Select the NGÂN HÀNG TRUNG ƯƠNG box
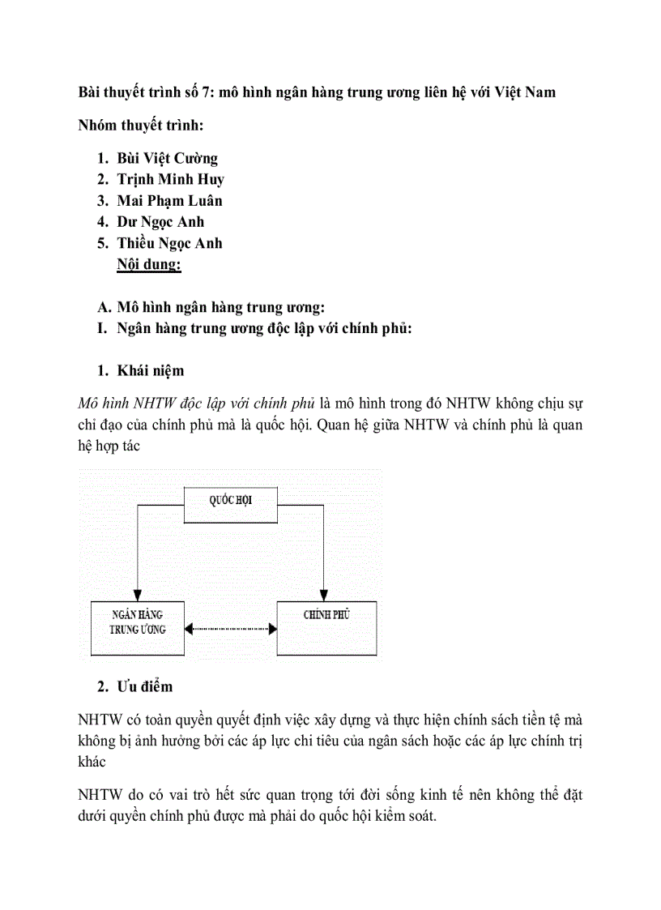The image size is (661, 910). (x=137, y=628)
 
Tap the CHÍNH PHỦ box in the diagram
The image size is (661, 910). (x=326, y=628)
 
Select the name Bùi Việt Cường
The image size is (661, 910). (x=167, y=159)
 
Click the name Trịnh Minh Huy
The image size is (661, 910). (x=170, y=180)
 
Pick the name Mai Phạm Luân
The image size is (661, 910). (x=169, y=201)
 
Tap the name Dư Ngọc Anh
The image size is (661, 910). (x=160, y=222)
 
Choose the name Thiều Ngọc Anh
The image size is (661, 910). (x=169, y=243)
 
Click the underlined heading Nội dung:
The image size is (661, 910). (x=149, y=264)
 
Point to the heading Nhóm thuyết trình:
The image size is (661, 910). (x=141, y=126)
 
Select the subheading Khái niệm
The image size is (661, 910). (x=150, y=371)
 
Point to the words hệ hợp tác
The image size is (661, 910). (x=109, y=446)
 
